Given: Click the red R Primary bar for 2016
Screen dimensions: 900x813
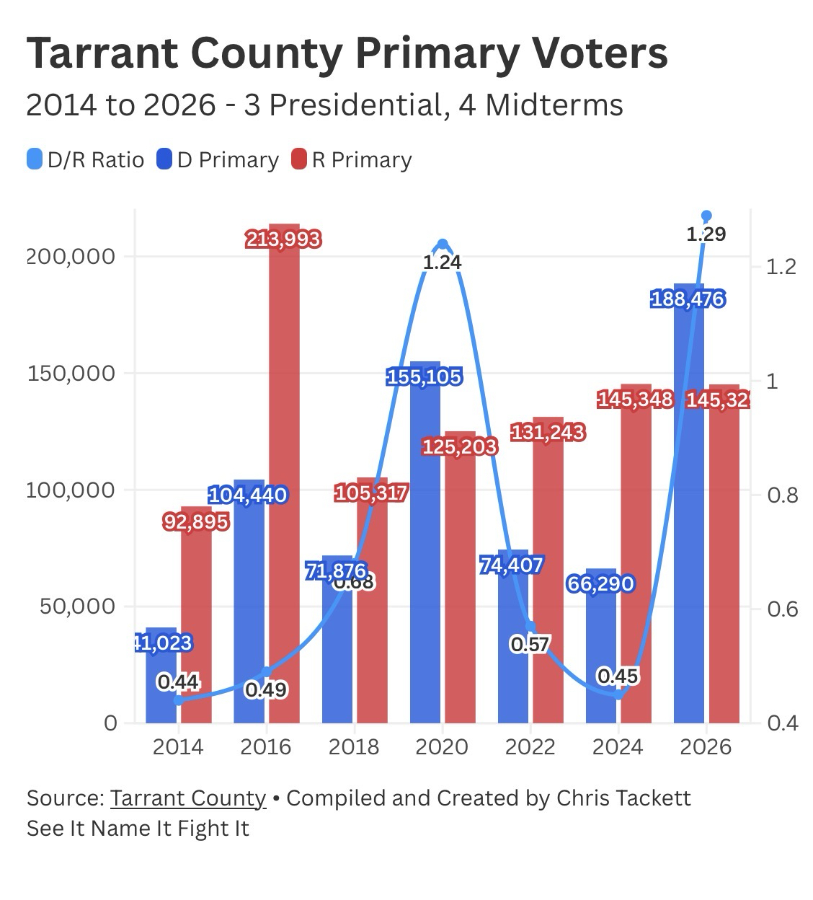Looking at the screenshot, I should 284,476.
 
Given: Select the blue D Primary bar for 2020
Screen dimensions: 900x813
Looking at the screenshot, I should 425,548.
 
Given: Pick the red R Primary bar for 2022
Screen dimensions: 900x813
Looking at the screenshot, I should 548,577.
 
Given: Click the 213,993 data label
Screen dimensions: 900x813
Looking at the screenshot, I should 283,239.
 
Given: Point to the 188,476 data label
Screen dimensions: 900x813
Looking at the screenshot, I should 688,299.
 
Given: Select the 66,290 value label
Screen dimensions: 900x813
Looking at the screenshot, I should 600,583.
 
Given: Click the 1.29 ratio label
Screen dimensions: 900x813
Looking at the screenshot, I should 706,234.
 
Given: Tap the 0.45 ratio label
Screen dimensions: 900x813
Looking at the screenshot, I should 618,676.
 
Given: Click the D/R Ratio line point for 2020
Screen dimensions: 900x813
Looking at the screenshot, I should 443,244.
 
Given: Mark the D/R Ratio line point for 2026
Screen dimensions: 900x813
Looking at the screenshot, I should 706,216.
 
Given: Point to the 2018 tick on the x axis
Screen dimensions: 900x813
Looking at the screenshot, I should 354,746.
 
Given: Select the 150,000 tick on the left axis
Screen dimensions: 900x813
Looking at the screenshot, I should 71,373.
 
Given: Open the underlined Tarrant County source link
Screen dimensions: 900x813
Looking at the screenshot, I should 188,798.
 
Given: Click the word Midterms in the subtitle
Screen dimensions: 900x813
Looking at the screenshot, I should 554,105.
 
